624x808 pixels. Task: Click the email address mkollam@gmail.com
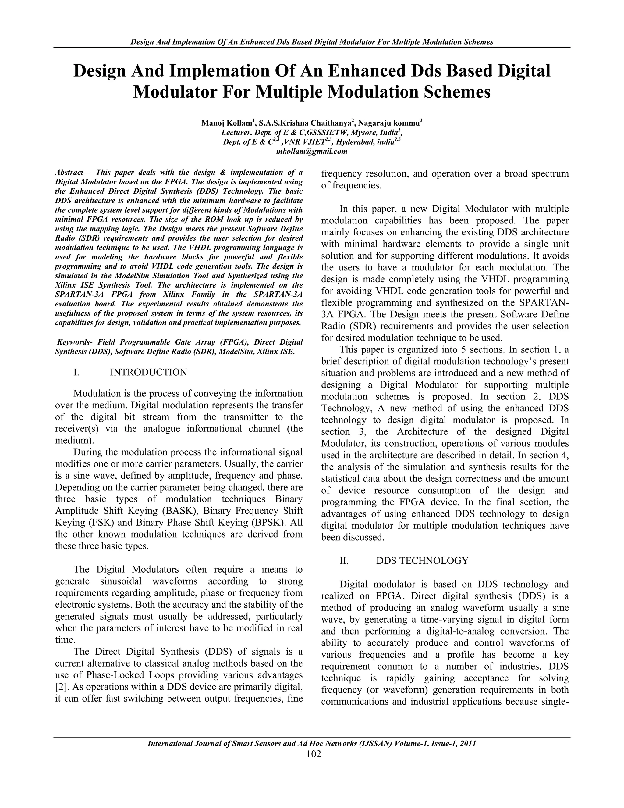click(x=312, y=151)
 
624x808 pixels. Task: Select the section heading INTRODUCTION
click(x=148, y=372)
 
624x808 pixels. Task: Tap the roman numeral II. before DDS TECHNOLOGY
click(x=344, y=560)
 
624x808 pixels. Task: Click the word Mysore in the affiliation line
click(x=361, y=132)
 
